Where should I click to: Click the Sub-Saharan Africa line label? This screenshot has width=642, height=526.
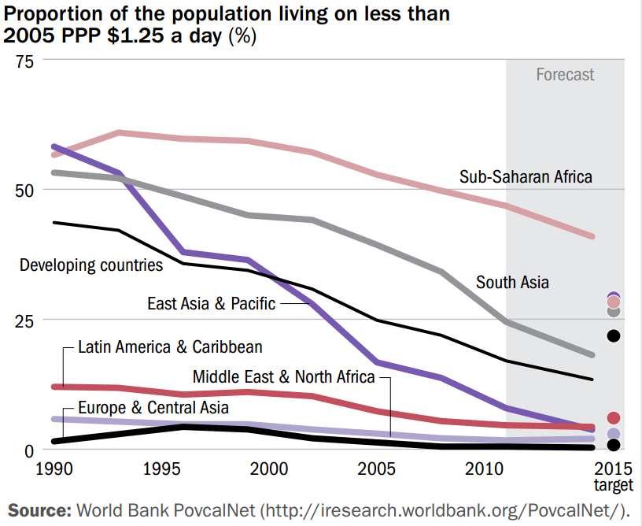click(x=526, y=176)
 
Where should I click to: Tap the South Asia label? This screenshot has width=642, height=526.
click(x=512, y=282)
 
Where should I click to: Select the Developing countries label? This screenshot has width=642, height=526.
click(x=91, y=265)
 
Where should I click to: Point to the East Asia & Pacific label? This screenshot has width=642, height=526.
click(x=212, y=303)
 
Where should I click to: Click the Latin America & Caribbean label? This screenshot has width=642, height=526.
click(x=170, y=346)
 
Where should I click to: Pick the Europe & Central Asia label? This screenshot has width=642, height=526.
click(x=153, y=407)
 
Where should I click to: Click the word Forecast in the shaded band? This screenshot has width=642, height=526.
click(x=565, y=75)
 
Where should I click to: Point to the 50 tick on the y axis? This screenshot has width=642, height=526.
click(x=29, y=190)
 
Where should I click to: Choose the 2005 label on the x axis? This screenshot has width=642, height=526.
click(x=381, y=469)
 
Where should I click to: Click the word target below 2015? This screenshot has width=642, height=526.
click(x=614, y=484)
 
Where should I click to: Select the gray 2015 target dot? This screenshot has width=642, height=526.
click(x=614, y=311)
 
